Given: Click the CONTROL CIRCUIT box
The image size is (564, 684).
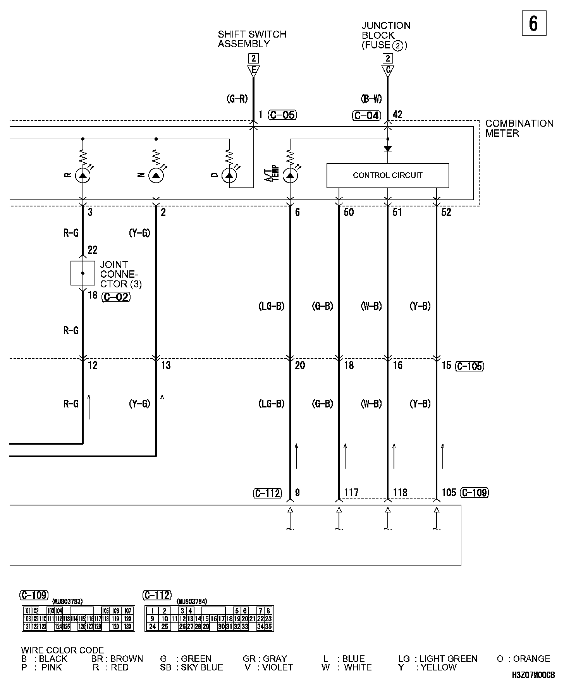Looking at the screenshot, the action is (x=387, y=175).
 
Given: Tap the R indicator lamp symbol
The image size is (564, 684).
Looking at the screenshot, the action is (x=83, y=175).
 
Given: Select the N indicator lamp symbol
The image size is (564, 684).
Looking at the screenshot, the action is (x=156, y=175).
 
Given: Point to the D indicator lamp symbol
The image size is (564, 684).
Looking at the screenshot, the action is (x=229, y=175).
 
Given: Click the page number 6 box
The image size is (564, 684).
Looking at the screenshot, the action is (x=533, y=24).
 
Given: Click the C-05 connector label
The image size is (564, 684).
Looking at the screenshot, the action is (x=283, y=115).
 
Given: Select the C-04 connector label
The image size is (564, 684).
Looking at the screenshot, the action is (x=366, y=115).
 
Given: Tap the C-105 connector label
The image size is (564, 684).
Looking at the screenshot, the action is (x=469, y=366).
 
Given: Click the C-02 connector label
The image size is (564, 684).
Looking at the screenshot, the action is (x=116, y=297).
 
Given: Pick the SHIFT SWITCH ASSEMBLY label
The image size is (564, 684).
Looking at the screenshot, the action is (x=252, y=39).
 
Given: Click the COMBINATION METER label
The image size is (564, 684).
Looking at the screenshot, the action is (x=519, y=128).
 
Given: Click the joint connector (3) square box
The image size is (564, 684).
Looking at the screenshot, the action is (x=83, y=273).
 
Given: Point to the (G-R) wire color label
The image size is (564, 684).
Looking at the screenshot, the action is (x=237, y=99).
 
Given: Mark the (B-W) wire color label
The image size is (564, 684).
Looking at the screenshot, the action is (x=371, y=99).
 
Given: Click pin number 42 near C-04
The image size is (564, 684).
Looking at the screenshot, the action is (x=397, y=114).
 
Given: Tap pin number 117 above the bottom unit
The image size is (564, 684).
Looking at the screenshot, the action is (x=351, y=493).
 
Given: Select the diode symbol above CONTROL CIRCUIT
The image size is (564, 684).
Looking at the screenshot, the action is (x=387, y=149).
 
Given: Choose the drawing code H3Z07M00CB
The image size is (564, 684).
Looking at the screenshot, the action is (x=533, y=675).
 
